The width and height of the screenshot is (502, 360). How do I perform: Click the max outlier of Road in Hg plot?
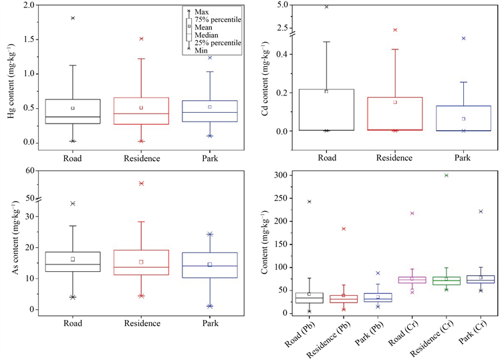pos(73,18)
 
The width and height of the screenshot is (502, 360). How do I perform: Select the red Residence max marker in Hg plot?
pos(141,39)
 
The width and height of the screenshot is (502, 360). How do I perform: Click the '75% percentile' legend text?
pos(216,20)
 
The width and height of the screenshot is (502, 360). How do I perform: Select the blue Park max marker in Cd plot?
pos(463,39)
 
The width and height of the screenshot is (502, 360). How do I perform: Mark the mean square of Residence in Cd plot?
pos(395,102)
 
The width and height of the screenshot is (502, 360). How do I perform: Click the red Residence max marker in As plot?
pos(141,183)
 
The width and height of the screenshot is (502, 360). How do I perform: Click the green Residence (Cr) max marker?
pos(446,175)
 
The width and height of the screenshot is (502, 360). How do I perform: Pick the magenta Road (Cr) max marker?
pos(412,213)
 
